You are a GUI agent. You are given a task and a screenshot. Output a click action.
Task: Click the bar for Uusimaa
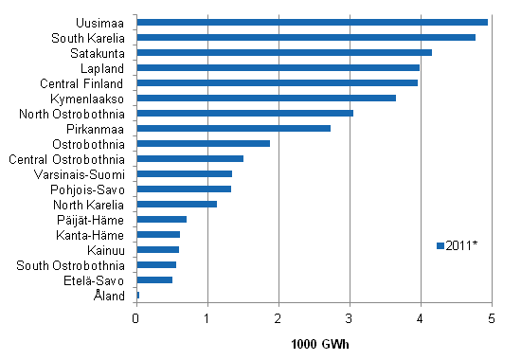313,22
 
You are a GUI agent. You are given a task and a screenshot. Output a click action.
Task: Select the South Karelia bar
306,37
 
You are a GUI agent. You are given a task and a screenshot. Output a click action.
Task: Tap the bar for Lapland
278,67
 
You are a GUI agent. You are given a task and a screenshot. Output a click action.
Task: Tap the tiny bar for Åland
138,295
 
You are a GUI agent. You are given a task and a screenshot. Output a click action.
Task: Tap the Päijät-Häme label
99,219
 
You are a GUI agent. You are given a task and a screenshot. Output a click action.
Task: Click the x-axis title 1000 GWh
314,341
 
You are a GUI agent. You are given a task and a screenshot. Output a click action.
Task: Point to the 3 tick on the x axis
350,316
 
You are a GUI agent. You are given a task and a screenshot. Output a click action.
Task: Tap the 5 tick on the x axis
492,316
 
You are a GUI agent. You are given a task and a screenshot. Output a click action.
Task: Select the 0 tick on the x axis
136,316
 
